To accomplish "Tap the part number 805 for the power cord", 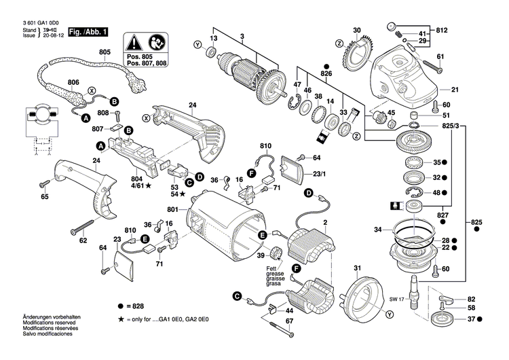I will pyautogui.click(x=105, y=52).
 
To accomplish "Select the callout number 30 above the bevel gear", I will pyautogui.click(x=356, y=29).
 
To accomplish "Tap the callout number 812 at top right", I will pyautogui.click(x=461, y=31).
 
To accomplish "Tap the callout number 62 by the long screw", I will pyautogui.click(x=83, y=240).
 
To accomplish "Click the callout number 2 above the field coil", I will pyautogui.click(x=325, y=223).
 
